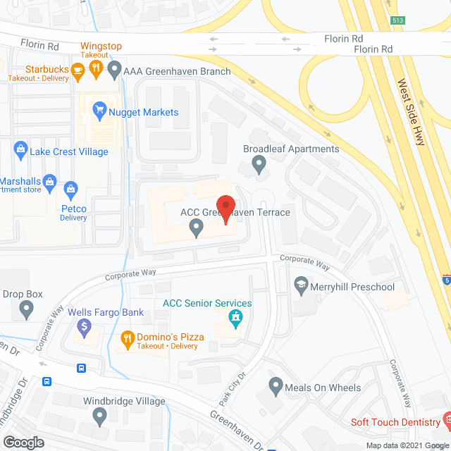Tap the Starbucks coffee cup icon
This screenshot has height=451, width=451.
click(x=78, y=69)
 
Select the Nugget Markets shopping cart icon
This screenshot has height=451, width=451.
click(x=99, y=111)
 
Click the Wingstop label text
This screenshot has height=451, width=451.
click(x=101, y=47)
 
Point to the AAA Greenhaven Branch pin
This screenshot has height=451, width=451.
click(x=113, y=70)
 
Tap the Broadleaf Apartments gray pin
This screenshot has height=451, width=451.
click(x=259, y=165)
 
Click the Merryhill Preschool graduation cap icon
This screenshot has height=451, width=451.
click(x=301, y=285)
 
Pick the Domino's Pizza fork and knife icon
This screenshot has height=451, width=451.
click(x=128, y=340)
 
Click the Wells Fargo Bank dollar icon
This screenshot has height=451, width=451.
click(x=84, y=326)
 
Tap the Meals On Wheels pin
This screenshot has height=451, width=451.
click(x=276, y=386)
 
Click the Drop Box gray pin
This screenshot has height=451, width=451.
click(x=27, y=308)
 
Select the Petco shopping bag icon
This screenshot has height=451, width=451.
click(x=70, y=189)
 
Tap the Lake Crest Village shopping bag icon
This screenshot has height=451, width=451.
click(x=19, y=150)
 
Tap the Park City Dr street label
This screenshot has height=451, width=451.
click(x=232, y=389)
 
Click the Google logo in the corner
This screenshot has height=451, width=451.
click(x=23, y=443)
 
